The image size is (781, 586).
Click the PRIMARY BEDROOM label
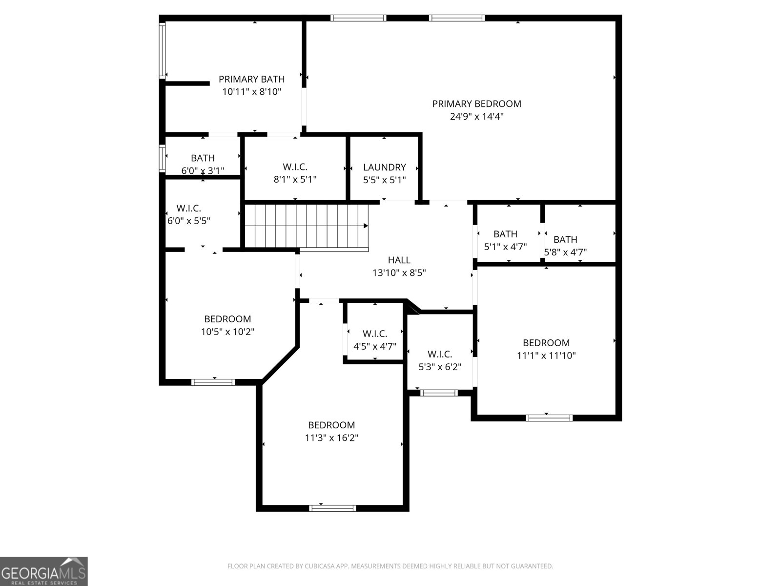[476, 104]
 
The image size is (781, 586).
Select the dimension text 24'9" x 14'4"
[476, 117]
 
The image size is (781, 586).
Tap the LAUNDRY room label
[384, 167]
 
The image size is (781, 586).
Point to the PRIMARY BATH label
[251, 79]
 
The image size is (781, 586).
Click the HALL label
[399, 260]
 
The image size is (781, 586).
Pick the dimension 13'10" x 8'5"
[399, 273]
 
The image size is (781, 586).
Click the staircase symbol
[306, 226]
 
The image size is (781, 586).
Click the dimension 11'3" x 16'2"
[331, 438]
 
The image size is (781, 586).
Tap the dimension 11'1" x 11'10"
[546, 356]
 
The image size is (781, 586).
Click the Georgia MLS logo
[44, 571]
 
